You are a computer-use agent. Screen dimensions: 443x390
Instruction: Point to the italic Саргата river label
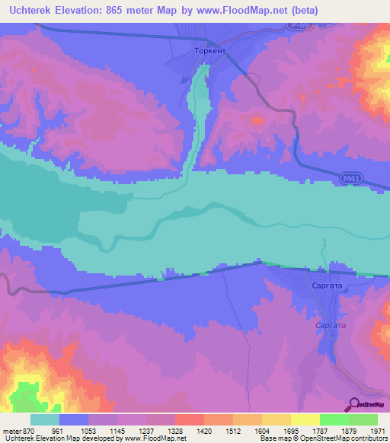click(x=331, y=325)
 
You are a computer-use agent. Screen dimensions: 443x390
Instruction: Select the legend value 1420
click(x=203, y=431)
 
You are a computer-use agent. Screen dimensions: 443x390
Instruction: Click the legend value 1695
click(x=290, y=431)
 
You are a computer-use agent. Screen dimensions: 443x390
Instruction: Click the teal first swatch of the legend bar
click(x=44, y=419)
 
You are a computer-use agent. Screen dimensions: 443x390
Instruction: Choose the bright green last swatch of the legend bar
click(x=363, y=419)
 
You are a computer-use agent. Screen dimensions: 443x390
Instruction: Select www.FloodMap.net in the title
click(x=241, y=11)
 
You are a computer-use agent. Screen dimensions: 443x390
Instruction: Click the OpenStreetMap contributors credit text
click(x=347, y=439)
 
